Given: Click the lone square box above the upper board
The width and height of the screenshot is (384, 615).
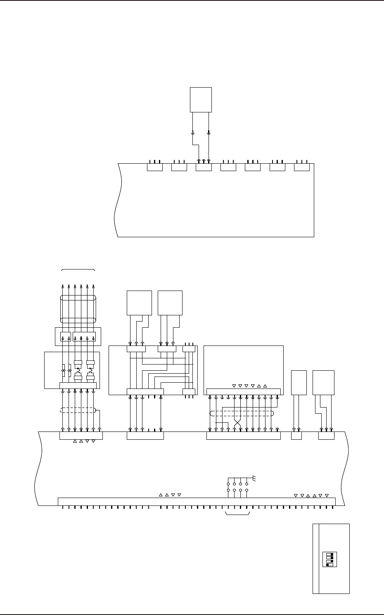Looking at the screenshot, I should tap(201, 100).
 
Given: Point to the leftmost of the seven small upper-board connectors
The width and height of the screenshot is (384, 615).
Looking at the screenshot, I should tap(155, 167).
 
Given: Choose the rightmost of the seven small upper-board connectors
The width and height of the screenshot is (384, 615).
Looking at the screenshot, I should tap(301, 167).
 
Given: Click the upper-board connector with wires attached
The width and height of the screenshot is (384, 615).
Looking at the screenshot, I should tap(204, 167).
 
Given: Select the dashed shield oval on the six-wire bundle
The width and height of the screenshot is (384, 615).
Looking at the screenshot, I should tap(78, 410).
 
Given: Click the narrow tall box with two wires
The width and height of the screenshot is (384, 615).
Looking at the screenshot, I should tap(299, 383).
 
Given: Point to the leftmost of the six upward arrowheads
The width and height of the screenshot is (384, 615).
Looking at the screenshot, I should tap(63, 286).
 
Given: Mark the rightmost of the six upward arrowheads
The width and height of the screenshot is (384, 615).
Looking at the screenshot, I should tap(94, 286).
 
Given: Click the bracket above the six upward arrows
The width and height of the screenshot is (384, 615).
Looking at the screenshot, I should tap(78, 269).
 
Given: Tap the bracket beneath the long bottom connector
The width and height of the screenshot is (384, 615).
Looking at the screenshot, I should tap(238, 515).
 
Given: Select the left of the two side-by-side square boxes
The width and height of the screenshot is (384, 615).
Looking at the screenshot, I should tap(139, 303).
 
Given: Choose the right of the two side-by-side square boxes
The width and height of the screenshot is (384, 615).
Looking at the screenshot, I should tap(170, 303).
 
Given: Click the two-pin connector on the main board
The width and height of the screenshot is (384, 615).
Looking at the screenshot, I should tap(296, 436).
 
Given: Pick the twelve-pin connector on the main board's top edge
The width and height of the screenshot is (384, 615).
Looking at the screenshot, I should tap(243, 436).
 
